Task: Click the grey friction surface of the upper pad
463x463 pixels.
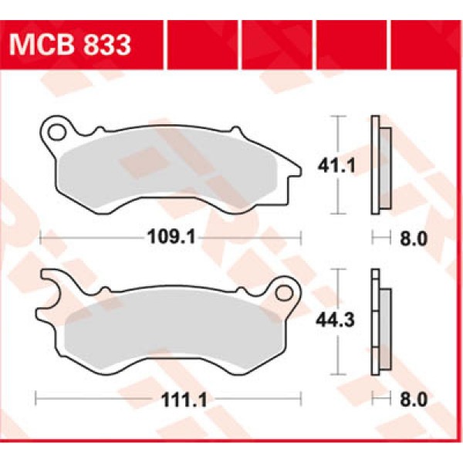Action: (170, 170)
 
